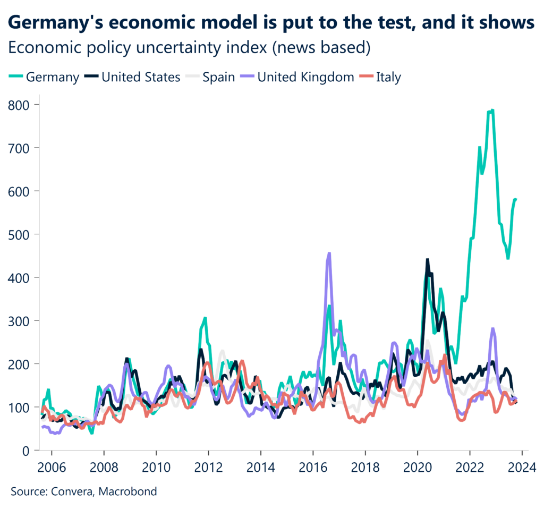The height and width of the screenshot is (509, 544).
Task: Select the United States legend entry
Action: pos(141,77)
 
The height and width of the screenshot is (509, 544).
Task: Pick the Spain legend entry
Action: pos(218,77)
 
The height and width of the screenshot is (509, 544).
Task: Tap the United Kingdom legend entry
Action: pos(305,77)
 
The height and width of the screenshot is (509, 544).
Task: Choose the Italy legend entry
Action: pos(388,77)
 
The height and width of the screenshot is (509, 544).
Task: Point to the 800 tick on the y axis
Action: pos(19,104)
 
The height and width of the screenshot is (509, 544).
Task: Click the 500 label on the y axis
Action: pos(19,234)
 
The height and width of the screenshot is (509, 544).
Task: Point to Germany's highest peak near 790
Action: pos(492,111)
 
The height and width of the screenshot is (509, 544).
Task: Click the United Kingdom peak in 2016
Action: pos(329,253)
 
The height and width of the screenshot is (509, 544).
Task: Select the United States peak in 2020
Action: pos(427,260)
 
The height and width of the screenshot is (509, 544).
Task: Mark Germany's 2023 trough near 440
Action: pos(508,258)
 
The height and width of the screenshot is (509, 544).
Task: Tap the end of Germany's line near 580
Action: pos(516,199)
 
